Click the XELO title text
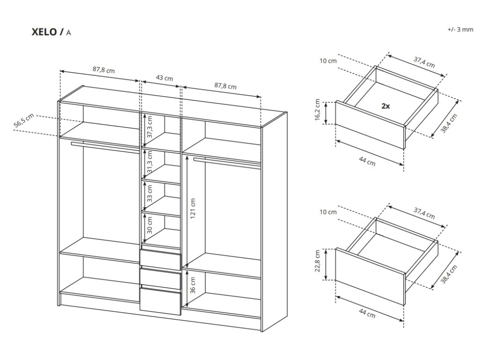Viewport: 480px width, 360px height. tap(47, 32)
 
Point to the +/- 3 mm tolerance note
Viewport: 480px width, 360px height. tap(460, 29)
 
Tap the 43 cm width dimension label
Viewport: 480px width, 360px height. tap(164, 78)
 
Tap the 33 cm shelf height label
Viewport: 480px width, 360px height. tap(150, 194)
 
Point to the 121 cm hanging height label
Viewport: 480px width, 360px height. tap(193, 209)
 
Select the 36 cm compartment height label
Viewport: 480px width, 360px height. tap(193, 285)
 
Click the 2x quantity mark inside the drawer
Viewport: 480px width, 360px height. tap(385, 106)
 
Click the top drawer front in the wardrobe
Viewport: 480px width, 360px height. tap(160, 259)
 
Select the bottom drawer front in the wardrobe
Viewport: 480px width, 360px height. tap(160, 300)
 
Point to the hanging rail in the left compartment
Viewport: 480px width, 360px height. tap(105, 146)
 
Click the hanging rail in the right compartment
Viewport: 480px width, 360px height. tap(227, 162)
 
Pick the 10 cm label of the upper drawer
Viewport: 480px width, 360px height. tap(328, 61)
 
